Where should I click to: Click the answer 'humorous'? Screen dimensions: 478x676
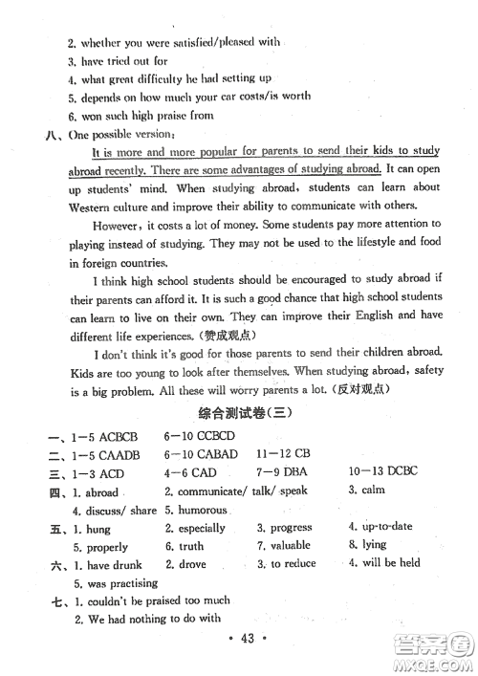(202, 510)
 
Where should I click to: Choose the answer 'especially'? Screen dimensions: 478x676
(201, 528)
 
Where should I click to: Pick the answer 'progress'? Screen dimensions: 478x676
(291, 527)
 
